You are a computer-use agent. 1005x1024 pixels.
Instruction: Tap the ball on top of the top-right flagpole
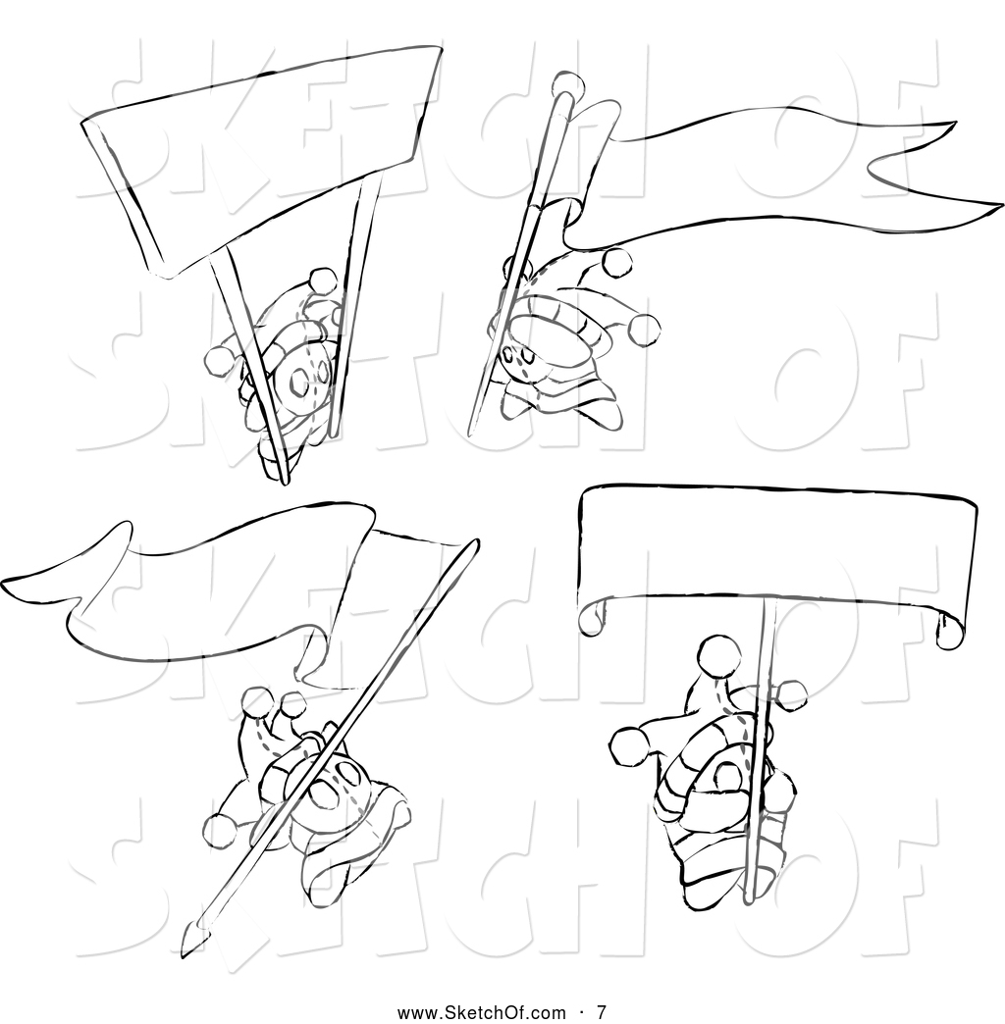(565, 81)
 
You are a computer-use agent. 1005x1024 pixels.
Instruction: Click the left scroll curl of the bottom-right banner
(592, 615)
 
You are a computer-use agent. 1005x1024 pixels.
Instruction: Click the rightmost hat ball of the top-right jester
(644, 327)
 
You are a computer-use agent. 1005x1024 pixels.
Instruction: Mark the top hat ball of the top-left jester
(320, 280)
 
